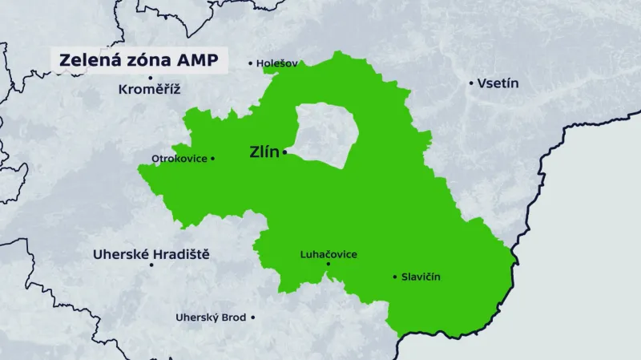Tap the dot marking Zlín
284,152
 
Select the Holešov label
277,63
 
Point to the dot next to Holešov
250,63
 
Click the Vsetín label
498,83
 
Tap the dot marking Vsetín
471,83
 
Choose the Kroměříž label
149,89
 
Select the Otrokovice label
179,159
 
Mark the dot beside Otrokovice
213,159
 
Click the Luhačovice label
328,254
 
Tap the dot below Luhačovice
328,265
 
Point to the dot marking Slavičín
395,277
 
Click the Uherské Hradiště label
151,253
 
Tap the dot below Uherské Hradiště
151,265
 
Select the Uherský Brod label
211,318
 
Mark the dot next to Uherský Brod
253,318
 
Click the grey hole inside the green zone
325,132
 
